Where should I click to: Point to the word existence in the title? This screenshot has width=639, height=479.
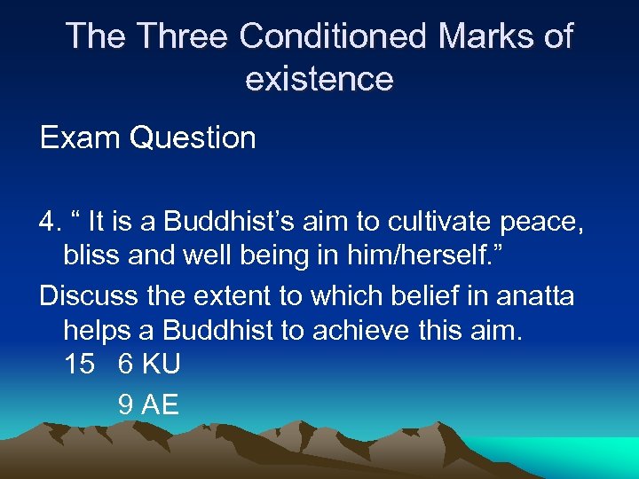coord(319,79)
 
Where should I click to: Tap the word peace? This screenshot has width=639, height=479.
coord(543,222)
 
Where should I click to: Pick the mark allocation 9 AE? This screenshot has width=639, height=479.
coord(149,404)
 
